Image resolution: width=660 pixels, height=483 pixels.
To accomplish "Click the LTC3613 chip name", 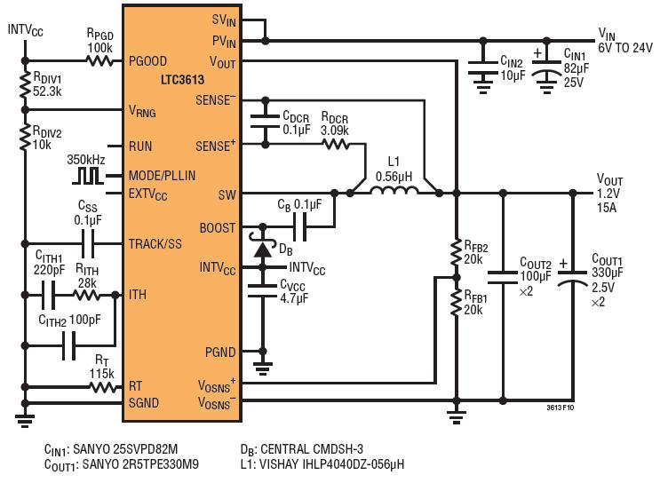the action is (183, 80).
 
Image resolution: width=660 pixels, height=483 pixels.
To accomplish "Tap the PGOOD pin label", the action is (147, 61).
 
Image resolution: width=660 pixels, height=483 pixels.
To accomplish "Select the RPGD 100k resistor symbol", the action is (99, 61).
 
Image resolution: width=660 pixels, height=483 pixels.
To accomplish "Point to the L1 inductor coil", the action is (394, 191).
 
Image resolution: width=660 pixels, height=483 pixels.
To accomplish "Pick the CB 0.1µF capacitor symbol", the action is (299, 227).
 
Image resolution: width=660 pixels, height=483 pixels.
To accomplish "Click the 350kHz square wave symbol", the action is (88, 176).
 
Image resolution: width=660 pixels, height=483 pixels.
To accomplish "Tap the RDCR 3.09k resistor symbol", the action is (336, 145).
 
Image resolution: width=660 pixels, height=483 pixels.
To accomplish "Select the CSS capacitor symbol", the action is (88, 243).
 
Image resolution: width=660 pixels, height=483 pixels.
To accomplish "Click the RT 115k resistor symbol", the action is (103, 387).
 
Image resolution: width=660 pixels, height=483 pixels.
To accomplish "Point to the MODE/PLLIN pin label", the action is (162, 176).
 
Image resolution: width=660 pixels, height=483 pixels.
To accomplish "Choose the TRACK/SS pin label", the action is (155, 244).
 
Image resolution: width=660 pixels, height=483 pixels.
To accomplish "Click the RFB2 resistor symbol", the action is (456, 252).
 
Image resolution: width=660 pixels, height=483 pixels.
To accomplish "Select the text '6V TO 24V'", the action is (625, 48).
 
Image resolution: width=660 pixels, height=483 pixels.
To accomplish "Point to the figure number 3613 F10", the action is (561, 408).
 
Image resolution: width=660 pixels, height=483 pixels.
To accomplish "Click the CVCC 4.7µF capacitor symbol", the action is (263, 291).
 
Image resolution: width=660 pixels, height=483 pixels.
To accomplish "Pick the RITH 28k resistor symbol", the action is (87, 296).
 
